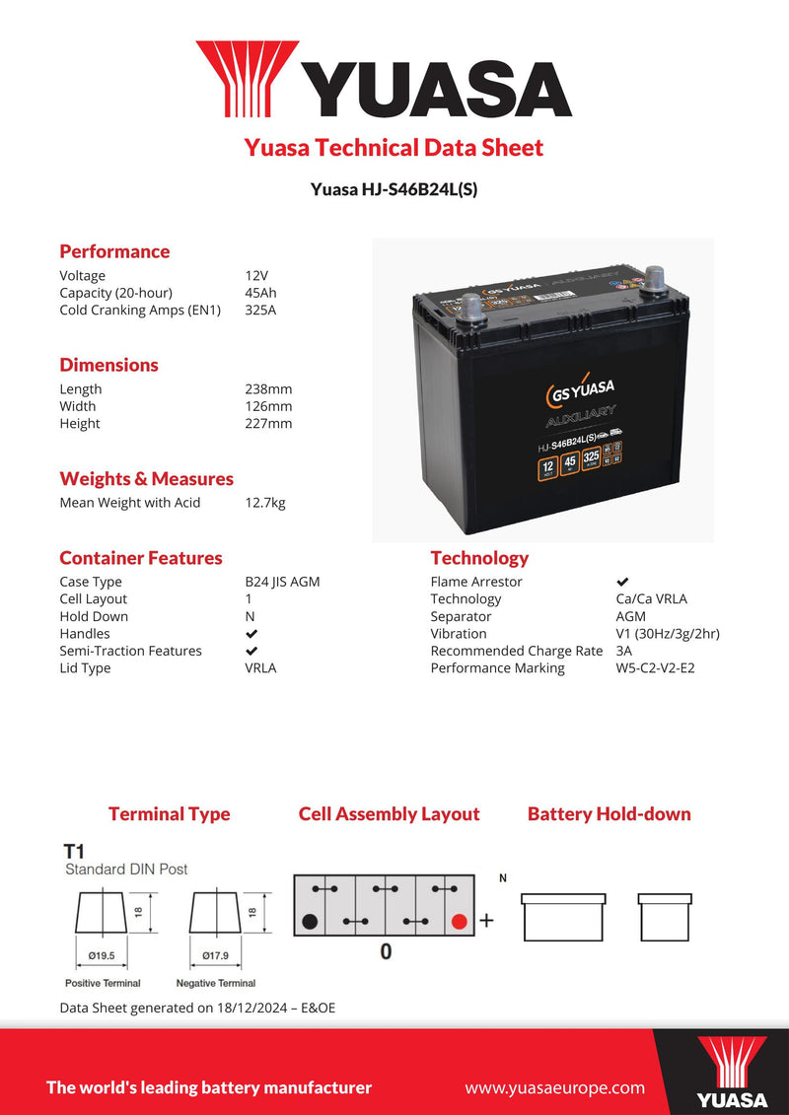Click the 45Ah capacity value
click(260, 293)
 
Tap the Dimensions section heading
click(108, 365)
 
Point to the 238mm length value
click(268, 389)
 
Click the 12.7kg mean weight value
click(265, 503)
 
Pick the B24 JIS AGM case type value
click(282, 582)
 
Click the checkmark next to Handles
click(251, 634)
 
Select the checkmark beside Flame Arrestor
click(622, 583)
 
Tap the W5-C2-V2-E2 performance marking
click(655, 668)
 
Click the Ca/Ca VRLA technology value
click(644, 599)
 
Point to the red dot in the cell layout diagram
click(458, 923)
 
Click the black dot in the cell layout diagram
click(310, 923)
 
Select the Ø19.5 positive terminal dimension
click(103, 955)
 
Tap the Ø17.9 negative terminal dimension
click(216, 955)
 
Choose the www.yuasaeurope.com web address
click(554, 1088)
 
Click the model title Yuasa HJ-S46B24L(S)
click(394, 189)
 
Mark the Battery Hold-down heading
click(609, 814)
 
